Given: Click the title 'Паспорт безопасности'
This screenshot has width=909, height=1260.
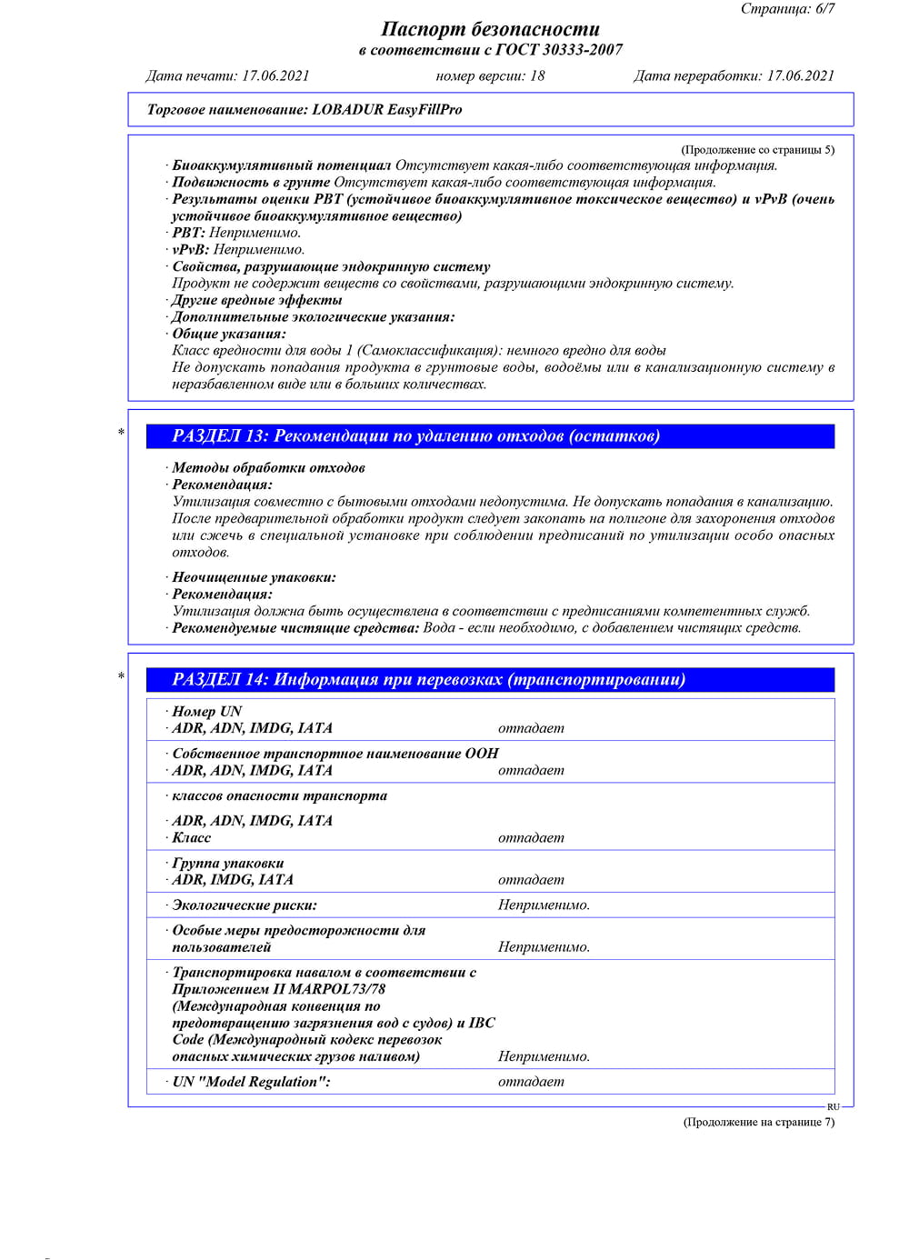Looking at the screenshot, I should (x=490, y=29).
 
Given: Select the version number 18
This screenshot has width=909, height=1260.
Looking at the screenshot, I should (x=537, y=76).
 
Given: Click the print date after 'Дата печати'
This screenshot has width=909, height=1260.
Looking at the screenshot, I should (x=275, y=76).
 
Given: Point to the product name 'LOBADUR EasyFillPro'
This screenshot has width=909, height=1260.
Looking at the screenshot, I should (x=387, y=110).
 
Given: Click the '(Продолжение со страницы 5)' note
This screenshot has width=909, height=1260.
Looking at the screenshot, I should (x=757, y=150).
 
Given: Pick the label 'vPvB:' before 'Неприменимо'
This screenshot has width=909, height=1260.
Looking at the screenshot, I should (x=191, y=250).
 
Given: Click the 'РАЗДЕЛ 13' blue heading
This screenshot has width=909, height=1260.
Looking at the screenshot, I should (x=415, y=436).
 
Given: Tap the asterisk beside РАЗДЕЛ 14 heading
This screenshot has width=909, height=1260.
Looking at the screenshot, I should (x=121, y=676).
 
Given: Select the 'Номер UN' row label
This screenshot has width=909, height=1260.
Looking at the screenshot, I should (x=207, y=712).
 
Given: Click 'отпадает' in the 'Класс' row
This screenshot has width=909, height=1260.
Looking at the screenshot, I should (x=531, y=838).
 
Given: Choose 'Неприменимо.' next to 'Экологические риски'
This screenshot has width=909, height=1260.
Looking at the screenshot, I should (x=544, y=905).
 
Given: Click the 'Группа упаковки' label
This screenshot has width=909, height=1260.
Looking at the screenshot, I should (x=228, y=864).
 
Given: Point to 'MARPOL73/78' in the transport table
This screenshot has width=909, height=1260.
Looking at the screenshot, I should (x=337, y=989).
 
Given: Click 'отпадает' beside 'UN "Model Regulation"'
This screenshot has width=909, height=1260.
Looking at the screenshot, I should (x=531, y=1082).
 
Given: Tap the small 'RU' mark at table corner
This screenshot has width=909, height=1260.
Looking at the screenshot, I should (x=834, y=1106).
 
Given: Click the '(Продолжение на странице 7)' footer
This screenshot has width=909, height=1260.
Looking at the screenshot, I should (x=758, y=1122).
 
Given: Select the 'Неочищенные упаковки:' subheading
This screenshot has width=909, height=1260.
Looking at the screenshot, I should (x=254, y=577).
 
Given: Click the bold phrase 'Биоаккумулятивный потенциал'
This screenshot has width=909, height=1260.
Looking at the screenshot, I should (x=282, y=165).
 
